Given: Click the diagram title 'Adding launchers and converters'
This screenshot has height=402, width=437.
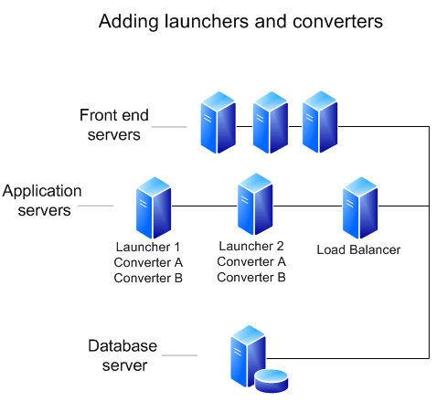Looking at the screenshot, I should click(240, 19).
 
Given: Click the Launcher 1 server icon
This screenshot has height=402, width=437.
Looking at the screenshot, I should click(153, 207).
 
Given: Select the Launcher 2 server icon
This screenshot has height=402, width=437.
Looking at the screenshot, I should click(255, 205).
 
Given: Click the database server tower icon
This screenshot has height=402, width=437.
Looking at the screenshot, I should click(246, 357).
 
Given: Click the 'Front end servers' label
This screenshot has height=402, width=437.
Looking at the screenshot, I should click(114, 125).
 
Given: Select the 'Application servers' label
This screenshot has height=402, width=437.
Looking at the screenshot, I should click(42, 200).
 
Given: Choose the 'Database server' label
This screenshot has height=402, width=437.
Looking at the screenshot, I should click(123, 356).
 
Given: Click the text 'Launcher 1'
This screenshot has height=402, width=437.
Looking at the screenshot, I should click(148, 247).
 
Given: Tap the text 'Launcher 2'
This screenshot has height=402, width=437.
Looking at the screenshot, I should click(251, 246).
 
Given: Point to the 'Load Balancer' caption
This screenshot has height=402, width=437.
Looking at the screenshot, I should click(358, 249).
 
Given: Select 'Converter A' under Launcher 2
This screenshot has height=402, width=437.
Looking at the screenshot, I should click(251, 261).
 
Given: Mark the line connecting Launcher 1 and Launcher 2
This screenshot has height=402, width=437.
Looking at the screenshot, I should click(203, 206).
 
